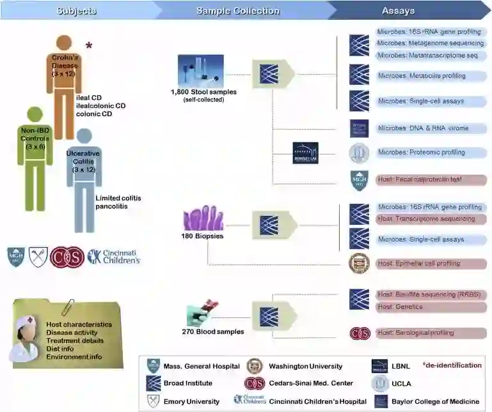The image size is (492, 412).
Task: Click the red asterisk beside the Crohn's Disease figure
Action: coord(89,46)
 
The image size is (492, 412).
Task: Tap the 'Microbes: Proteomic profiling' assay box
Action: coord(430,153)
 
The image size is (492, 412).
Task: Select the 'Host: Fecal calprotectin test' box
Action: coord(430,179)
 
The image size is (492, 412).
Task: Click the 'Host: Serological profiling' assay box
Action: coord(430,333)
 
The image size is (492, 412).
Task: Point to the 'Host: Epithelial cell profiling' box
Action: coord(430,263)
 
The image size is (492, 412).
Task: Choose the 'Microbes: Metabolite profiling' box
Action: coord(430,76)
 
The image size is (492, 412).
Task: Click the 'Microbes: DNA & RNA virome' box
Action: coord(430,128)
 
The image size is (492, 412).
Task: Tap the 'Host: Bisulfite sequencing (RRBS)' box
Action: coord(430,294)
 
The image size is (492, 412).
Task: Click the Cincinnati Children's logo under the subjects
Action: coord(114,256)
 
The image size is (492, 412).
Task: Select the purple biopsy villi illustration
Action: coord(203,218)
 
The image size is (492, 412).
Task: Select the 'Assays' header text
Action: coord(398,11)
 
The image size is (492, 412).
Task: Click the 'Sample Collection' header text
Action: coord(237,11)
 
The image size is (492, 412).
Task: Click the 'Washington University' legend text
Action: coord(305,366)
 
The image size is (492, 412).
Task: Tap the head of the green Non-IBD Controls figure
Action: coord(35,116)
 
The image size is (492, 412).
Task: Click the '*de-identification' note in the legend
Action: coord(452,365)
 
